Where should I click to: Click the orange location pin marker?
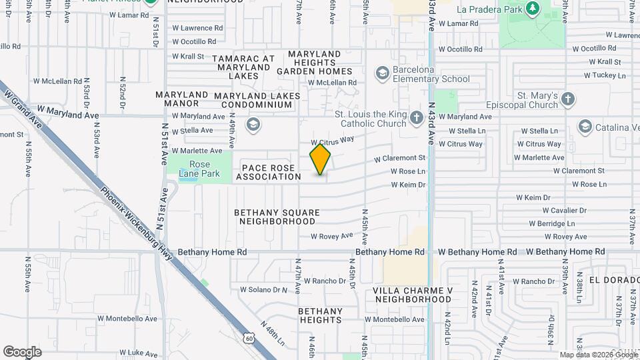pyautogui.click(x=321, y=159)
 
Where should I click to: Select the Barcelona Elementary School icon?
pyautogui.click(x=383, y=72)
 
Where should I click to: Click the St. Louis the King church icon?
pyautogui.click(x=417, y=119)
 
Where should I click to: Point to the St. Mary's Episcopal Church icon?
pyautogui.click(x=568, y=99)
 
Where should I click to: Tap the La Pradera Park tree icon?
pyautogui.click(x=532, y=8)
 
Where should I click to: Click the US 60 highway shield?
pyautogui.click(x=249, y=339)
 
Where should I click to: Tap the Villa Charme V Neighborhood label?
pyautogui.click(x=413, y=295)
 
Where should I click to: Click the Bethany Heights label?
pyautogui.click(x=320, y=315)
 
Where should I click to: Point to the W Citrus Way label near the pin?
pyautogui.click(x=333, y=141)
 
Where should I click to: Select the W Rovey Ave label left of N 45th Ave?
pyautogui.click(x=331, y=236)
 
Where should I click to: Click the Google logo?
pyautogui.click(x=22, y=351)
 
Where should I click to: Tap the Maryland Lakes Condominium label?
pyautogui.click(x=257, y=101)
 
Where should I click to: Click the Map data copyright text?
pyautogui.click(x=599, y=355)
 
